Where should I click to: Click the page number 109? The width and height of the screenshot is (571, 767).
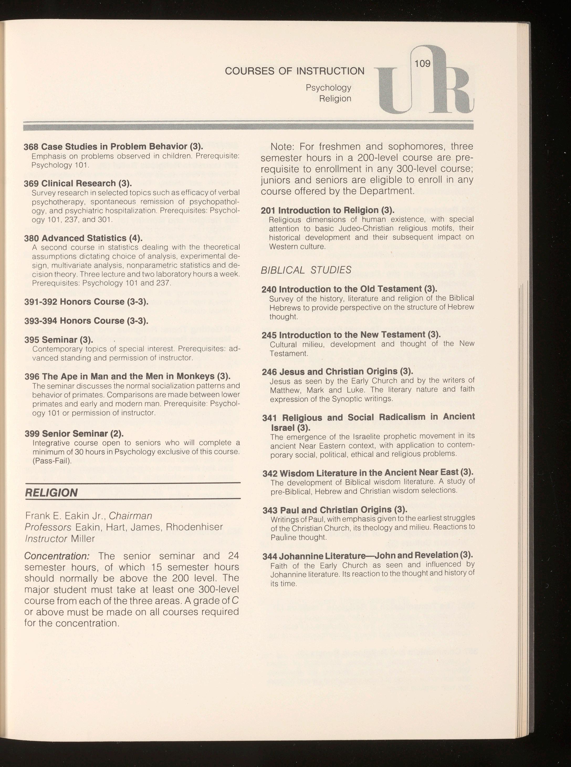(x=422, y=63)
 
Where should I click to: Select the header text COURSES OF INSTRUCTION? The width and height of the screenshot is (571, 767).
(x=295, y=71)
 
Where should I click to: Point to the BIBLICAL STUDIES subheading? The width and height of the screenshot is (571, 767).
(x=306, y=270)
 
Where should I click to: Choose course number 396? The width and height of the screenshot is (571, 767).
(x=32, y=376)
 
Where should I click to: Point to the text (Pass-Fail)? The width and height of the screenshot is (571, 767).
(x=52, y=461)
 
